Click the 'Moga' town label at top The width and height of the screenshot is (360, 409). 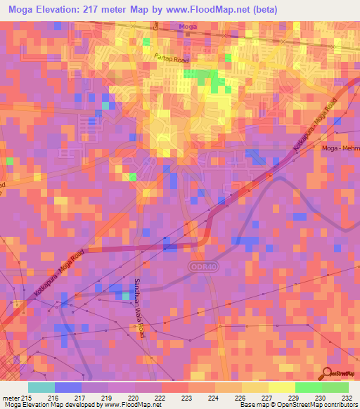click(x=188, y=27)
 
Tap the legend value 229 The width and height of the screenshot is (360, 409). click(x=283, y=397)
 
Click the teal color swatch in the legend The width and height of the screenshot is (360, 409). click(x=41, y=387)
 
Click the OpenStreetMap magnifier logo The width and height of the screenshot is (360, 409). click(x=328, y=374)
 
